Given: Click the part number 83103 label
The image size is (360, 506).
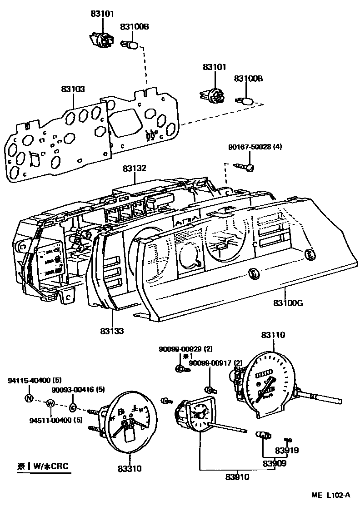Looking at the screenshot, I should coord(73,89).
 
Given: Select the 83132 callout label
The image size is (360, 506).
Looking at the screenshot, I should coord(134,169).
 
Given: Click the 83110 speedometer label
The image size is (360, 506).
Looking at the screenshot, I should coord(273,335).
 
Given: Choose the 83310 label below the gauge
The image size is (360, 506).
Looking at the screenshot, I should coord(129,468).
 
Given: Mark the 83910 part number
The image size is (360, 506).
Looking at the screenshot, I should coord(238,477).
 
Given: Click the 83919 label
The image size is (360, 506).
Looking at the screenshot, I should coord(287,451).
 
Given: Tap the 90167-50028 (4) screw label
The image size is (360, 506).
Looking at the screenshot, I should coord(255,147).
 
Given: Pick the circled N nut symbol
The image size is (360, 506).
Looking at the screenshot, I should coord(29,398).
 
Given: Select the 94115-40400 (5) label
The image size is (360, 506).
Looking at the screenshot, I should coord(35,380).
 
